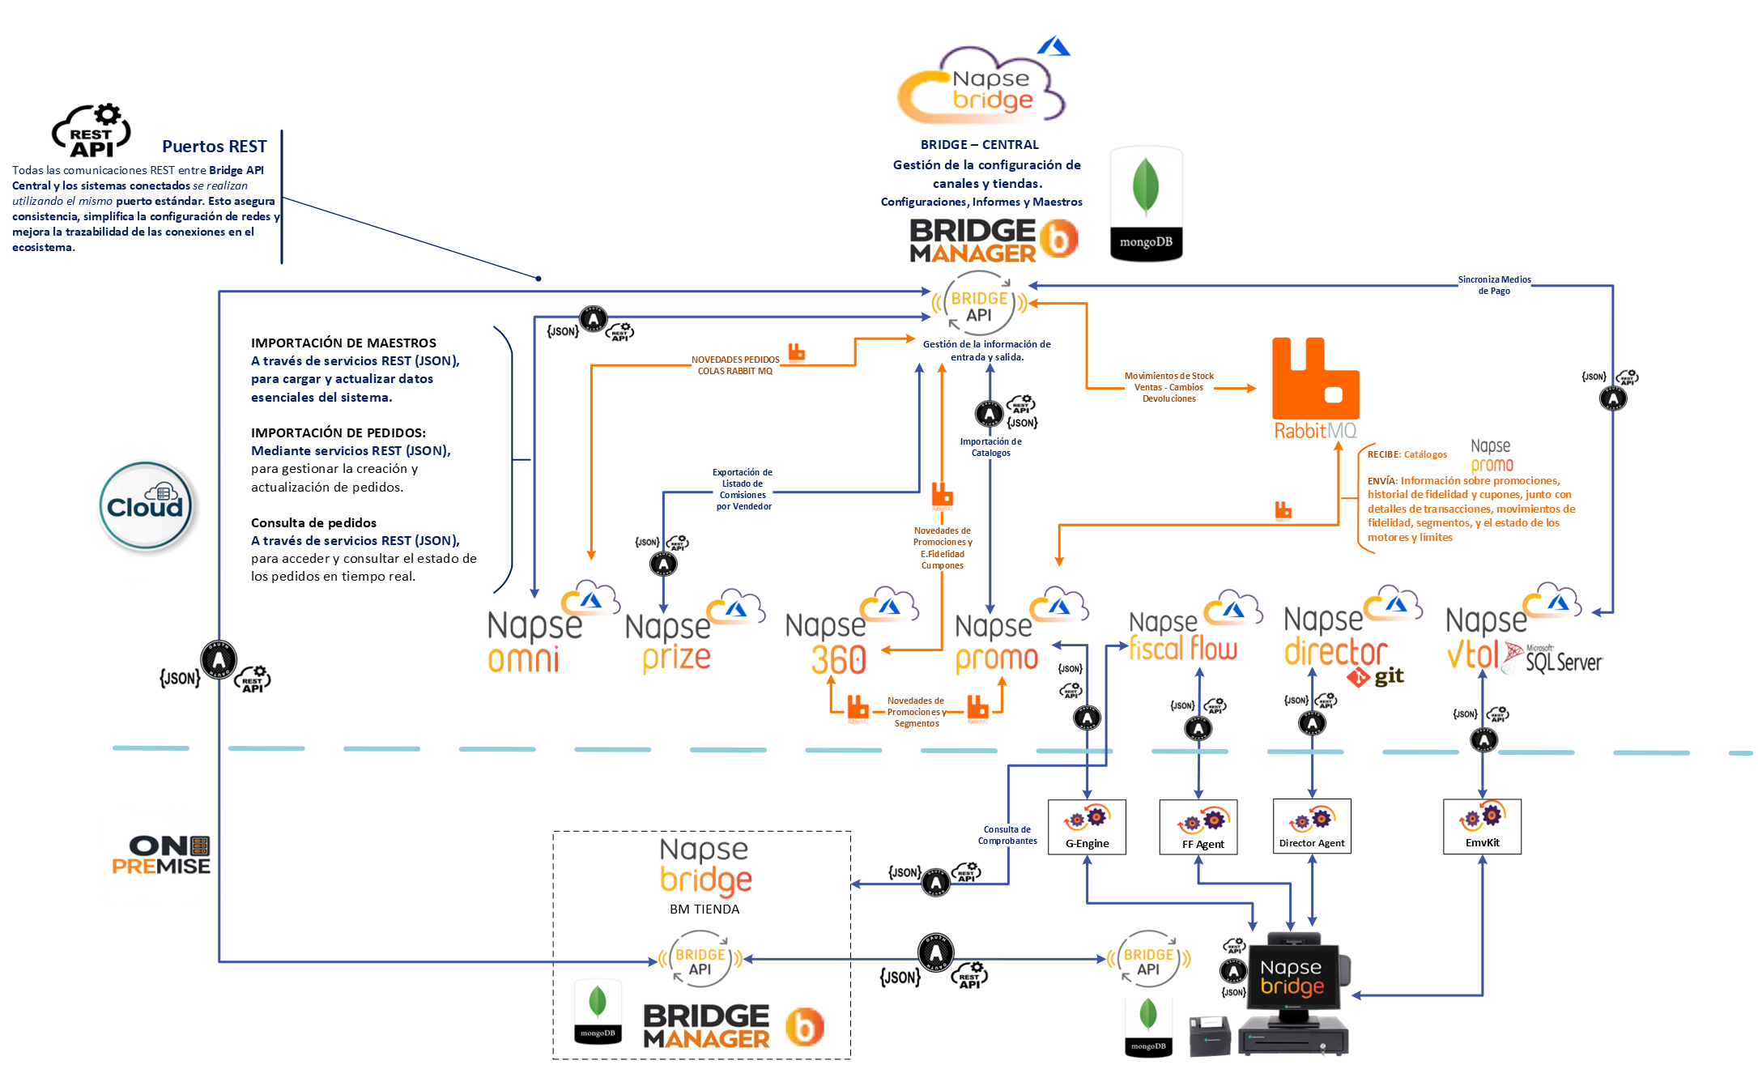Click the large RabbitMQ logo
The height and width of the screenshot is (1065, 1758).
point(1316,388)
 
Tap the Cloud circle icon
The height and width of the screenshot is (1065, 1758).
point(146,506)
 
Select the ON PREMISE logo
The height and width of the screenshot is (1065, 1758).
point(161,856)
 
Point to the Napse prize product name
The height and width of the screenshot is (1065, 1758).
point(670,643)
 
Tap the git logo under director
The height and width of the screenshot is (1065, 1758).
point(1376,677)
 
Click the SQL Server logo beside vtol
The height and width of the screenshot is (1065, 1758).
point(1553,658)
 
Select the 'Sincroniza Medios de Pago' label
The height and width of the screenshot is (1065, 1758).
point(1494,285)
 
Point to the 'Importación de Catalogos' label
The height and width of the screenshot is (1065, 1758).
point(990,447)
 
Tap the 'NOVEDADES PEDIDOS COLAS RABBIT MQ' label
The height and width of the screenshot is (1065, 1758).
point(735,365)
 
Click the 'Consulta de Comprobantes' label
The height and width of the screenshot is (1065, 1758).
point(1007,835)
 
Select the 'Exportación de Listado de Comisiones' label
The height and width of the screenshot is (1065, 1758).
point(743,489)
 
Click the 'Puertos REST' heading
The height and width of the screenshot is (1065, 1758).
point(215,147)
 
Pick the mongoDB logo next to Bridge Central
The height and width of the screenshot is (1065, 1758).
point(1146,204)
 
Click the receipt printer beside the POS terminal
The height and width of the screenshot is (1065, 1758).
point(1209,1035)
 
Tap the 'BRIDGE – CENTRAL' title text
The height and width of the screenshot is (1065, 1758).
point(980,145)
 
